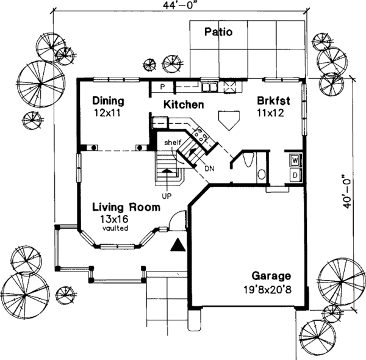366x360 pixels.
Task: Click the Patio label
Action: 218,32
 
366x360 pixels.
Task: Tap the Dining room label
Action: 108,101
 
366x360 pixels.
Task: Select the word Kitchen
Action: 184,104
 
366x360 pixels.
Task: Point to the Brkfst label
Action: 273,101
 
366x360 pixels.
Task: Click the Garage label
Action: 271,276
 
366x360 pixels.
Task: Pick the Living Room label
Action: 126,207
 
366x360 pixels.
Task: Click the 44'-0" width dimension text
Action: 179,5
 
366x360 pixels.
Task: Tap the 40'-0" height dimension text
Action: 347,192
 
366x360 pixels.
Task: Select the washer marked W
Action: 295,160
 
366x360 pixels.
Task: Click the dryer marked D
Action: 295,175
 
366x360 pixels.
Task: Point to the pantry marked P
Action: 163,87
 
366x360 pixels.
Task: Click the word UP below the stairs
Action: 167,196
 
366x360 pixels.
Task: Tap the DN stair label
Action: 209,168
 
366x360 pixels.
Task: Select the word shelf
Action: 173,142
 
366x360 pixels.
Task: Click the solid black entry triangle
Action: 178,245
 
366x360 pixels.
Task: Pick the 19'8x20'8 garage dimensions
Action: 268,290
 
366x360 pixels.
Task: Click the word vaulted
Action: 115,228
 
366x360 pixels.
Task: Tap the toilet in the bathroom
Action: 248,160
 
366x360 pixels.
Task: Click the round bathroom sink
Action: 262,174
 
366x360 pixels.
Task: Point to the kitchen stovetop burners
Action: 200,135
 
